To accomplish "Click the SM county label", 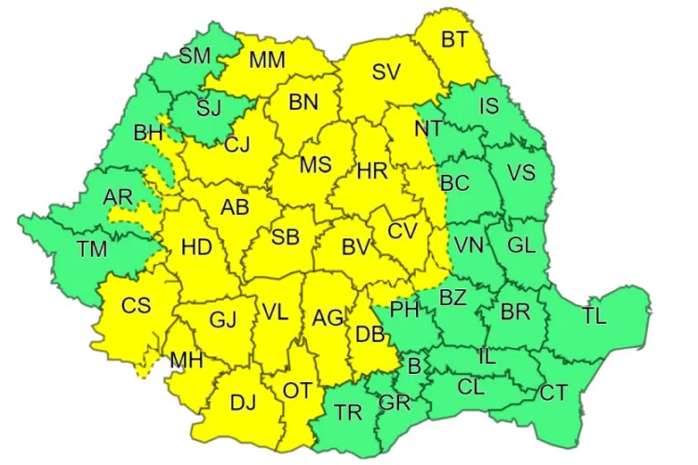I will point(195,56).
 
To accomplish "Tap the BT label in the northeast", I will point(454,39).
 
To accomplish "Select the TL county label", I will point(595,315).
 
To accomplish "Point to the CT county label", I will point(553,392).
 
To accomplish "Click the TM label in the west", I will point(92,248).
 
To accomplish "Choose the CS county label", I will point(136,305).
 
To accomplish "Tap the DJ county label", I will point(242,402).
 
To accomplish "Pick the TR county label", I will point(348,412).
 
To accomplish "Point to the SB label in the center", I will point(285,237).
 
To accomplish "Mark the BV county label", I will point(356,247).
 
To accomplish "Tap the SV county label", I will point(385,72).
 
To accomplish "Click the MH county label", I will point(184,359).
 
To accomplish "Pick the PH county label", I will point(405,308).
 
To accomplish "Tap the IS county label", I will point(490,106).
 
